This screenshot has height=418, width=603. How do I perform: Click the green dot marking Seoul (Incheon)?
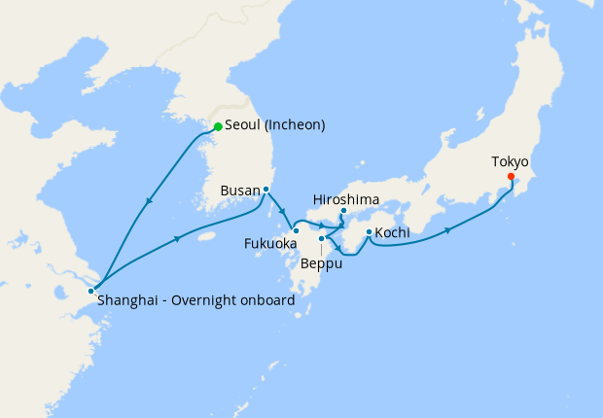point(218,126)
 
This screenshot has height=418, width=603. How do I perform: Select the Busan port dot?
point(266,190)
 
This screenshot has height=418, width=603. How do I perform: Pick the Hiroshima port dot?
point(343,212)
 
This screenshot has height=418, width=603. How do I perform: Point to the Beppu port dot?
point(321,238)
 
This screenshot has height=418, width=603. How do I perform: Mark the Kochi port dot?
point(369,231)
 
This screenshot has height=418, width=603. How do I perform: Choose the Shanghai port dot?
point(91,291)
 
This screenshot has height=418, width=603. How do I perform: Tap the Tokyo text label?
point(511,161)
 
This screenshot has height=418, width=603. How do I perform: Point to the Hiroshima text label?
point(346,199)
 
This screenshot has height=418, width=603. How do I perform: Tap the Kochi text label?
point(392,232)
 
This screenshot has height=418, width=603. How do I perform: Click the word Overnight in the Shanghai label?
point(208,301)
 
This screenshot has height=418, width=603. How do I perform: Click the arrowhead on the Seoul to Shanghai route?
point(149,201)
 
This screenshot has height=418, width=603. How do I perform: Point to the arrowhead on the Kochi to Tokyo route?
point(448,230)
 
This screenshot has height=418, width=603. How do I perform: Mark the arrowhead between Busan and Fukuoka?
point(282,213)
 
